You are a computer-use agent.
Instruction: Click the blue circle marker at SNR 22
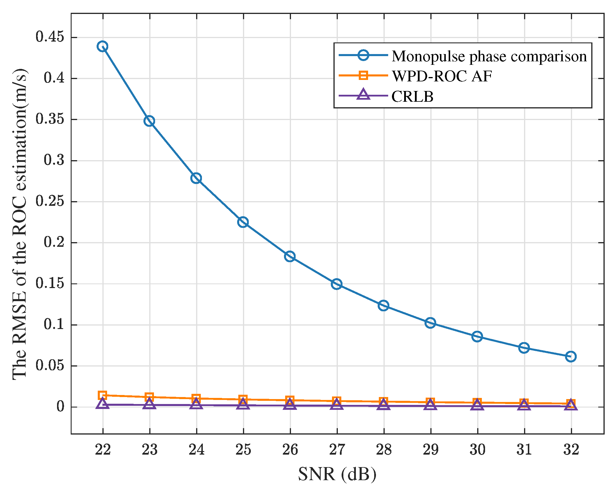tap(102, 46)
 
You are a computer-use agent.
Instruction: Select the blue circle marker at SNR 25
tap(243, 222)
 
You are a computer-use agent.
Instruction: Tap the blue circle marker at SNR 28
tap(384, 305)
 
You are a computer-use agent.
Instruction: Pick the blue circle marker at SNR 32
tap(571, 356)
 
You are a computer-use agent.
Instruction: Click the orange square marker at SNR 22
tap(102, 395)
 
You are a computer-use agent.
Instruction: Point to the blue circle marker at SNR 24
tap(196, 178)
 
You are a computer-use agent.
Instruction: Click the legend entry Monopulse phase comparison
tap(489, 56)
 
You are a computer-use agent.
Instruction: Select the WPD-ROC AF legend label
tap(442, 76)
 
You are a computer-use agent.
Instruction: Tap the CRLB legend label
tap(412, 97)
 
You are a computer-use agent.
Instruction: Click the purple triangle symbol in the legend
tap(363, 95)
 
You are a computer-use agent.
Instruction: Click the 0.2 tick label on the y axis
tap(54, 242)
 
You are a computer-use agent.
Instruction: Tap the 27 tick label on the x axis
tap(337, 449)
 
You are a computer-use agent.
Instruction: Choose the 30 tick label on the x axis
tap(477, 449)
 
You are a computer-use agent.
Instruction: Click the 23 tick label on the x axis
tap(150, 449)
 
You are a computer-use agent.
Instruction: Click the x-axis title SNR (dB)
tap(337, 474)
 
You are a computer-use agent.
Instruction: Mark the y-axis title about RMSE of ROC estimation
tap(20, 224)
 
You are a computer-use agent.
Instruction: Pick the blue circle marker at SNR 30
tap(477, 336)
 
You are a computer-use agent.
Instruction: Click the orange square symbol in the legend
tap(363, 75)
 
